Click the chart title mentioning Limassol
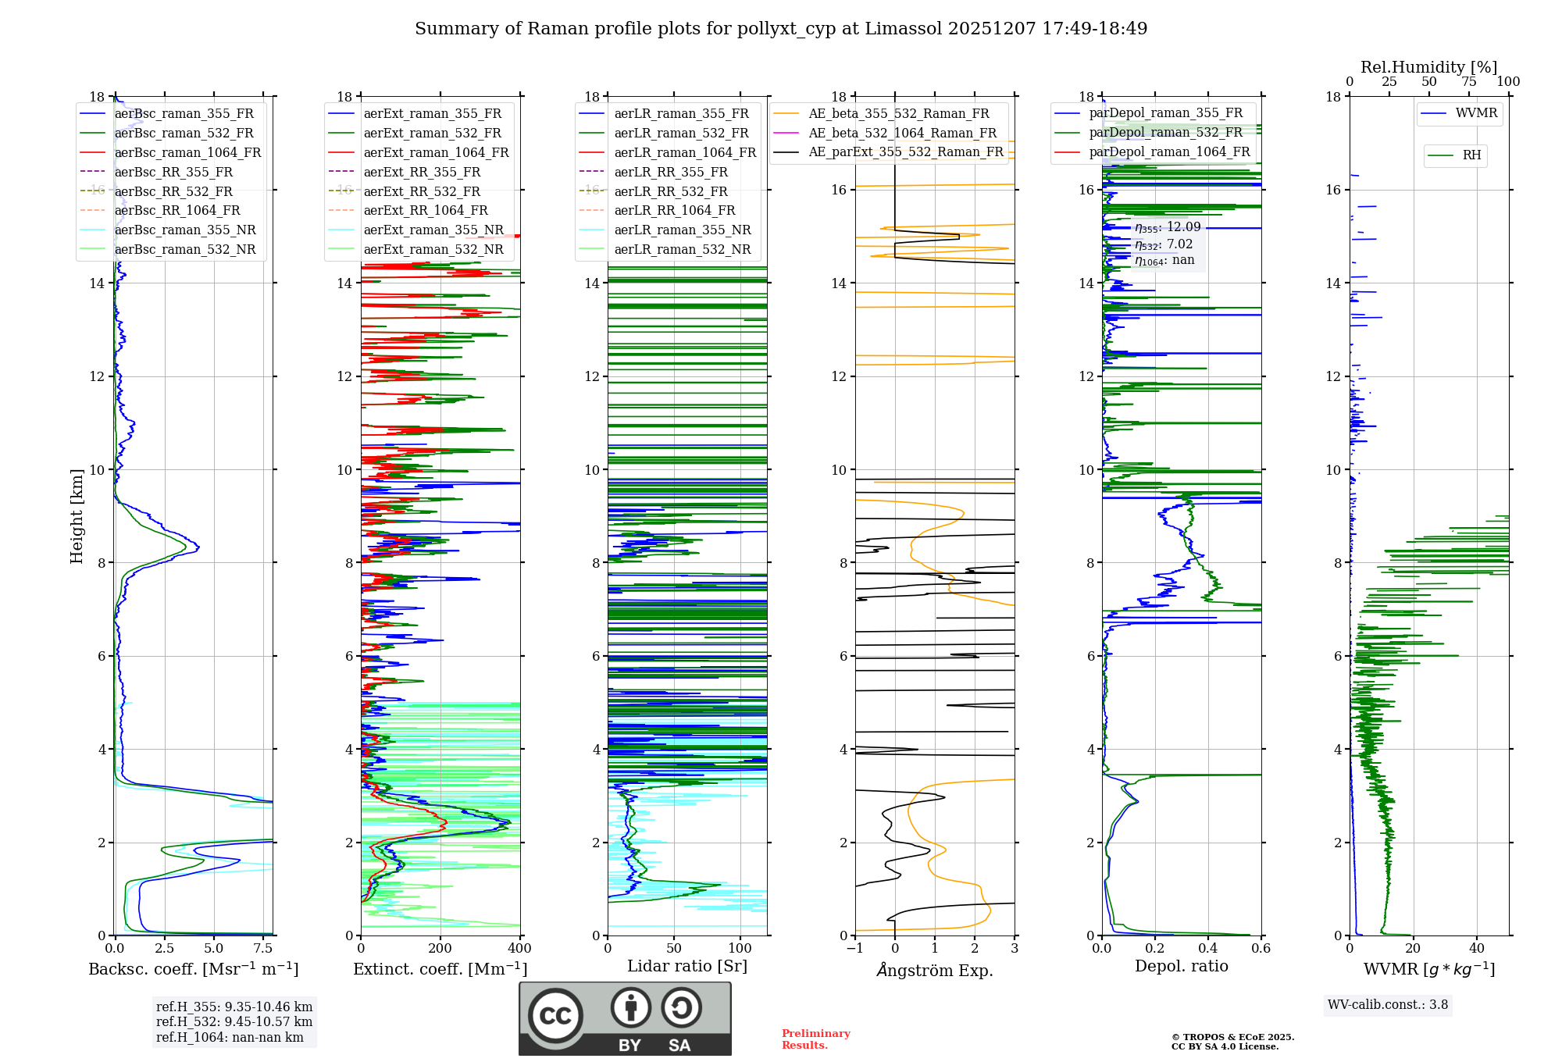click(781, 29)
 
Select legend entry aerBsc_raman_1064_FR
click(187, 152)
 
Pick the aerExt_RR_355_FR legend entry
click(422, 172)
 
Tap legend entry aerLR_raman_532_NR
click(682, 250)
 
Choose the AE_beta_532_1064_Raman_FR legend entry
click(902, 133)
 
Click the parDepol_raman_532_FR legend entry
click(1165, 133)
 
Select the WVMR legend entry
click(1476, 113)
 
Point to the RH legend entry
click(1471, 155)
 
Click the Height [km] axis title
click(77, 515)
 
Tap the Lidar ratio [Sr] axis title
click(687, 966)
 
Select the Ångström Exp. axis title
click(935, 970)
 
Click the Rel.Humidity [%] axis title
click(1428, 67)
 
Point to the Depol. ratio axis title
click(1181, 966)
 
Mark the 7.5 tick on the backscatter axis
click(263, 949)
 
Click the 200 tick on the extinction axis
click(440, 949)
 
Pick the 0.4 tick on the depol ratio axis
click(1208, 949)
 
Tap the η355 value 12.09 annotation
click(1168, 227)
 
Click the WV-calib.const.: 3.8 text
click(1388, 1005)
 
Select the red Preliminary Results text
click(815, 1039)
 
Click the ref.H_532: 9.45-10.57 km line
click(234, 1021)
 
